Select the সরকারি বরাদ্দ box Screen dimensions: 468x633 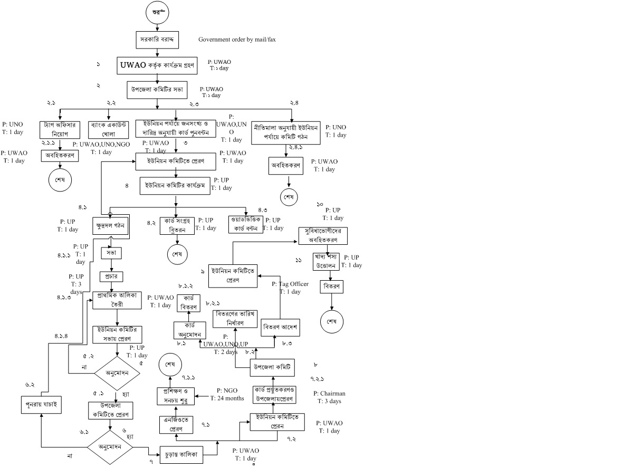click(x=157, y=40)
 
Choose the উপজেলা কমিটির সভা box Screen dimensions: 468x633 click(x=157, y=90)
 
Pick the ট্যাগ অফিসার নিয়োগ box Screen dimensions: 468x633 click(x=60, y=128)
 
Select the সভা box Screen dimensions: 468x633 click(x=111, y=253)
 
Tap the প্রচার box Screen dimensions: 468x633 click(x=111, y=276)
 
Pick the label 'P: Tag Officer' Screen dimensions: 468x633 click(x=290, y=284)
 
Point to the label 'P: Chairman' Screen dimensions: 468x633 click(x=329, y=394)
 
